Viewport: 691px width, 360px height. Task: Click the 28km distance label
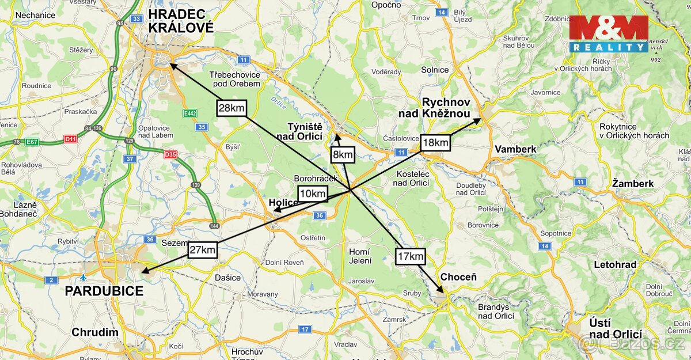232,108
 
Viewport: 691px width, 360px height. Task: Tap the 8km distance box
342,154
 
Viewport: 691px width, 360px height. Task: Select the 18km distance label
435,142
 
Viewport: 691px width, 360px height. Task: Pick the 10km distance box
313,193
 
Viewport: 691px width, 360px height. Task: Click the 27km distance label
202,249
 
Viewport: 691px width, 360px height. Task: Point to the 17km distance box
410,256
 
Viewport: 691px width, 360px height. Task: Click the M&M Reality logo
609,34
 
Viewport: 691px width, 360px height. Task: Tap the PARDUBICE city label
104,291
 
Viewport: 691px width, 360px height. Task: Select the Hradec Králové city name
181,21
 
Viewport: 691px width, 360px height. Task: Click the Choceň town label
458,277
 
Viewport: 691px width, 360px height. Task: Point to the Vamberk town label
515,149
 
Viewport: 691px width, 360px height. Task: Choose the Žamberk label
633,183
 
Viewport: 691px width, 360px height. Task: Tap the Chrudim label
95,332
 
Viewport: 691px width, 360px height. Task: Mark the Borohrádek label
315,179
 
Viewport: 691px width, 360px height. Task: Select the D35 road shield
170,154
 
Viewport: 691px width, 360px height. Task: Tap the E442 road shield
191,113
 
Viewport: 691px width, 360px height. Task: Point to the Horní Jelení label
360,256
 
